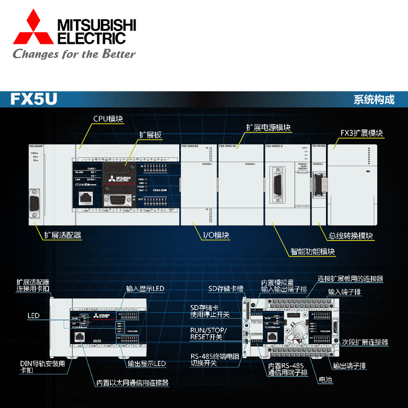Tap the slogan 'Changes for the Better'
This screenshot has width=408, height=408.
click(74, 54)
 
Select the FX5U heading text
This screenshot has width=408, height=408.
click(34, 99)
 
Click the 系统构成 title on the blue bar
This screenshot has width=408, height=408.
click(374, 99)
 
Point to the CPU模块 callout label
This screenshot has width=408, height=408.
click(108, 119)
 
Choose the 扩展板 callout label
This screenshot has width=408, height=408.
click(150, 135)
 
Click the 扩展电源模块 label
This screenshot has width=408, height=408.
click(268, 127)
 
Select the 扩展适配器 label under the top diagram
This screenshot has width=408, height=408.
click(62, 235)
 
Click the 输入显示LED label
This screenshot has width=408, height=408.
click(145, 289)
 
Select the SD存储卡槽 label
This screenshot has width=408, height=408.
click(225, 289)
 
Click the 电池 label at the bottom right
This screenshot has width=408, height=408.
click(325, 380)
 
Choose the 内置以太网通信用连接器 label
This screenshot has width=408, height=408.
click(133, 382)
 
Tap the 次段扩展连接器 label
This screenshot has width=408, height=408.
click(365, 342)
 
